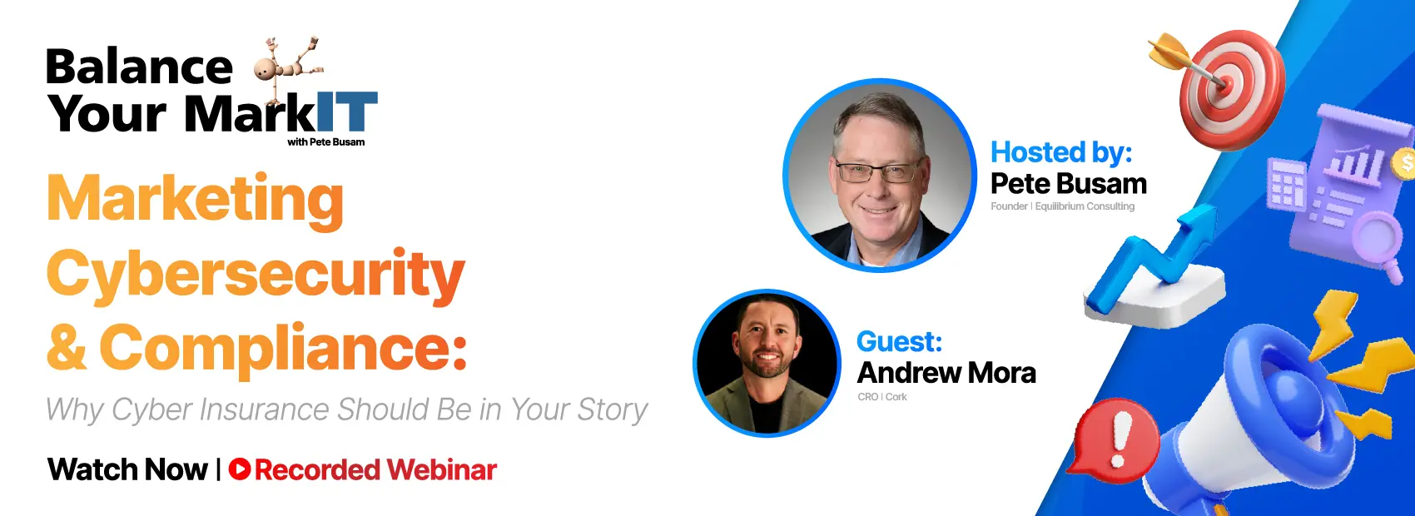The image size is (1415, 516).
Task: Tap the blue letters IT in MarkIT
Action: pos(347,112)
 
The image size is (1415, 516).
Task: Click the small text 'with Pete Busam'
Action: pos(325,142)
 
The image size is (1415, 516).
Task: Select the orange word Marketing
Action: pos(196,200)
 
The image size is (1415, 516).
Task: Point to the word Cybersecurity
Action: pos(256,275)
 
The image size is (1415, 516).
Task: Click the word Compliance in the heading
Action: pos(283,348)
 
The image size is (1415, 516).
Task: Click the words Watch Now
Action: pos(127,469)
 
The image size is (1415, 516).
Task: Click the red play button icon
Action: pos(240,469)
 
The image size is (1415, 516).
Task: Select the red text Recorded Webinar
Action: pos(375,469)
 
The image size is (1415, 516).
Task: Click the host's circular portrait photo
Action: pos(879,176)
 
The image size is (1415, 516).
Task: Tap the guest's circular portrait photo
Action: pos(767,363)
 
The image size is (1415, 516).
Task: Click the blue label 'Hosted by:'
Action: pos(1061,152)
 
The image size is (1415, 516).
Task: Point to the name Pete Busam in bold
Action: pos(1069,183)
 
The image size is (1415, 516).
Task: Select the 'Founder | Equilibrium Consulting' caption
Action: pos(1062,206)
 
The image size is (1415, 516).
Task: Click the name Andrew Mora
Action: pos(946,373)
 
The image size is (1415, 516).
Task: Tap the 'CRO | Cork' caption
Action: pos(882,397)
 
